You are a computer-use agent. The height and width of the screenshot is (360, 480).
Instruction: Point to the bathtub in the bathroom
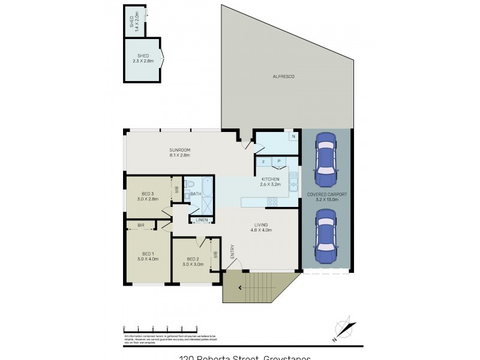point(207,187)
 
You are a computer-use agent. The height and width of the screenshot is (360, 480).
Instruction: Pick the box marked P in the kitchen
point(279,161)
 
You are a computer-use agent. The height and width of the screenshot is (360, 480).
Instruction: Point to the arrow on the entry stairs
point(241,287)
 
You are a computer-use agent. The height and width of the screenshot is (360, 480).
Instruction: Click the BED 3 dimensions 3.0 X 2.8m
point(148,199)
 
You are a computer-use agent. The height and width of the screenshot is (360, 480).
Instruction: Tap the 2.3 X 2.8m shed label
point(143,61)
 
